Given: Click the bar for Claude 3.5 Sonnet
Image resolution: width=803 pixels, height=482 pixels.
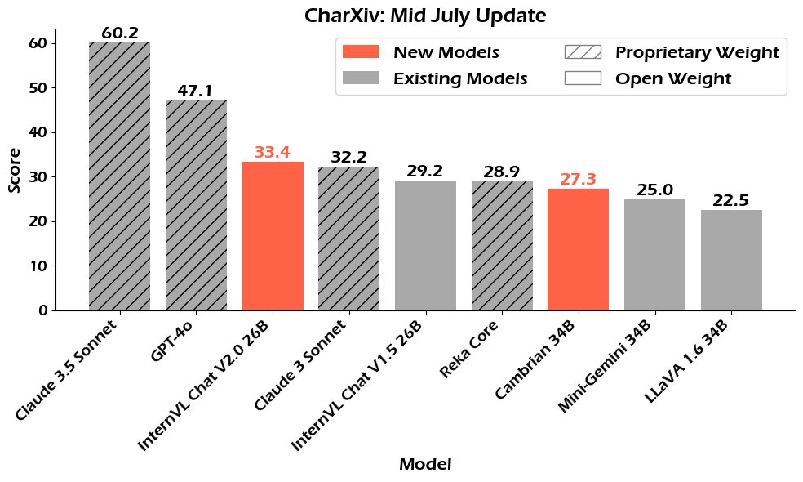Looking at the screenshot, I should (x=119, y=176).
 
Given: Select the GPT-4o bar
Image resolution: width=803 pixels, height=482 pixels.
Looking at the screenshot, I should (x=196, y=205).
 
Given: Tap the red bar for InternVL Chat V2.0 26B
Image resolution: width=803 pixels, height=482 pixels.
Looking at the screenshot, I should (x=273, y=236).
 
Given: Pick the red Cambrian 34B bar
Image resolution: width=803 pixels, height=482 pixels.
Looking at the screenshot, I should (x=578, y=249).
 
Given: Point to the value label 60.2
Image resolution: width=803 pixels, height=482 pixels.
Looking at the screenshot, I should (x=119, y=33).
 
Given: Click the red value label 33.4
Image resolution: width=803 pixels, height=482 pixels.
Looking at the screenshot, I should (x=273, y=153).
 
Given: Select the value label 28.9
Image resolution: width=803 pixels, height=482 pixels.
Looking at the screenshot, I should (x=502, y=172).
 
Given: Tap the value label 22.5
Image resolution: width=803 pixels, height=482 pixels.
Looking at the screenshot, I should (x=731, y=201).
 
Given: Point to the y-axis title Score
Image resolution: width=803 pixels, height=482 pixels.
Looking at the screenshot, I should (x=15, y=170).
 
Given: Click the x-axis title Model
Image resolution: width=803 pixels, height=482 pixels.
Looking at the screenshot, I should (x=425, y=465).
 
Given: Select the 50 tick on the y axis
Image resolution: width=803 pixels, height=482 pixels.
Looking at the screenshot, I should (x=38, y=87).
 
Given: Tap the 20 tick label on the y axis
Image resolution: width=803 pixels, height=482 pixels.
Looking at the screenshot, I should (x=38, y=221).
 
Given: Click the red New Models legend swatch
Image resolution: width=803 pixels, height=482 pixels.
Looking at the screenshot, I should (x=361, y=52).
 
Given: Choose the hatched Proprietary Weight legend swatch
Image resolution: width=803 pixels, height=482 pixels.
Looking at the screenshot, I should (x=583, y=52).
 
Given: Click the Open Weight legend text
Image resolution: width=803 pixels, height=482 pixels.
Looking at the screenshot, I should (x=673, y=79).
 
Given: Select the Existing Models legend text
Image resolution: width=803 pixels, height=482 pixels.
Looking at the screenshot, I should (x=460, y=79).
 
